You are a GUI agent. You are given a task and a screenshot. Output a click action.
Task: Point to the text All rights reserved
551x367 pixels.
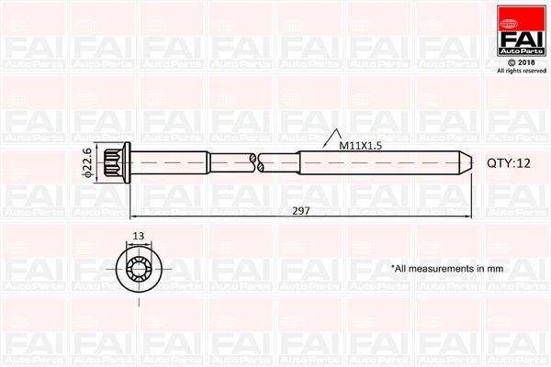tap(522, 71)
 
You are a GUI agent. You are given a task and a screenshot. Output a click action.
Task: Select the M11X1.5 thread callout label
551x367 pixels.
tap(361, 145)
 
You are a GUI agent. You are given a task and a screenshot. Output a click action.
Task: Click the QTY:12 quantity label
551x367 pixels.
tap(509, 162)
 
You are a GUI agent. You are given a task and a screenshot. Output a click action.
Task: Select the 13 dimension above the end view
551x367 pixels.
tap(138, 237)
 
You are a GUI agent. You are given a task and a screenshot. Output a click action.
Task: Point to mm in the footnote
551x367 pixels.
tap(497, 269)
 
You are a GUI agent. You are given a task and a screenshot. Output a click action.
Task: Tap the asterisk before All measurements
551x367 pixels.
tap(394, 268)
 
